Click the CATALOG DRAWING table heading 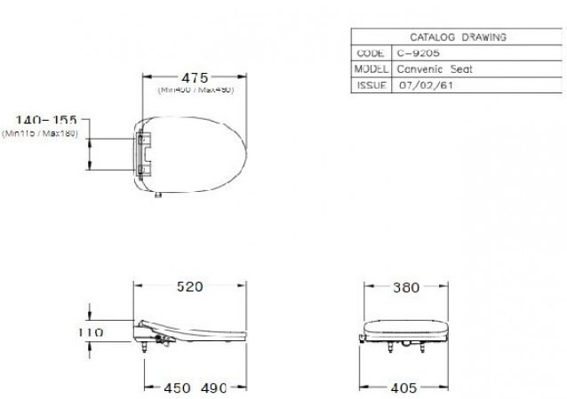[x=457, y=37]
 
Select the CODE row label [x=370, y=53]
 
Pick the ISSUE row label [x=370, y=84]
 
